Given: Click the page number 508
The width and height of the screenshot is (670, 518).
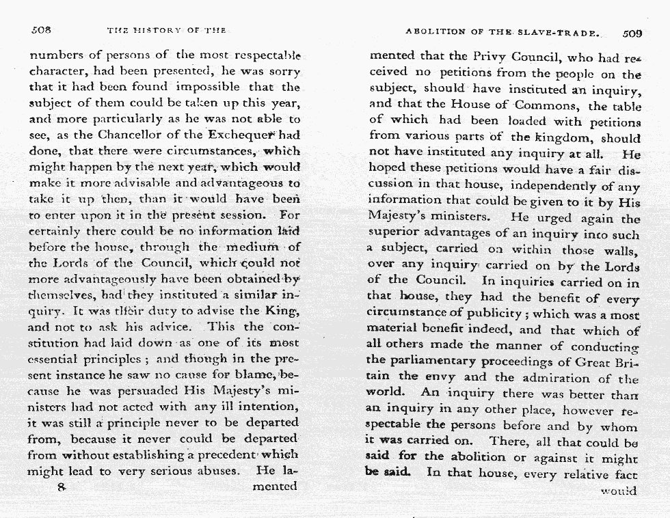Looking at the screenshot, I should pos(42,31).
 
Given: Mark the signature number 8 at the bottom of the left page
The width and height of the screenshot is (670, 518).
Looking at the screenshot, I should pos(61,487).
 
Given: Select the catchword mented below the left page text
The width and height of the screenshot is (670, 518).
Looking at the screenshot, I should pos(274,487).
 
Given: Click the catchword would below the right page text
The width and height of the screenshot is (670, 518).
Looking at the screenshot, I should pos(619,491).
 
